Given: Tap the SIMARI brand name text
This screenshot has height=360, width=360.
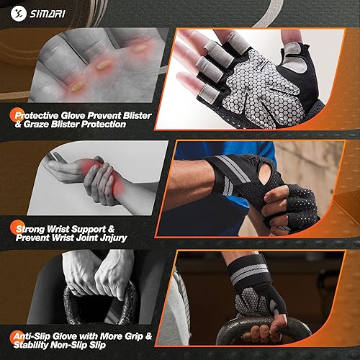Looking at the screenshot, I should pos(49,14).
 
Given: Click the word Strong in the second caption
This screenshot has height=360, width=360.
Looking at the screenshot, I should pos(36,228).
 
